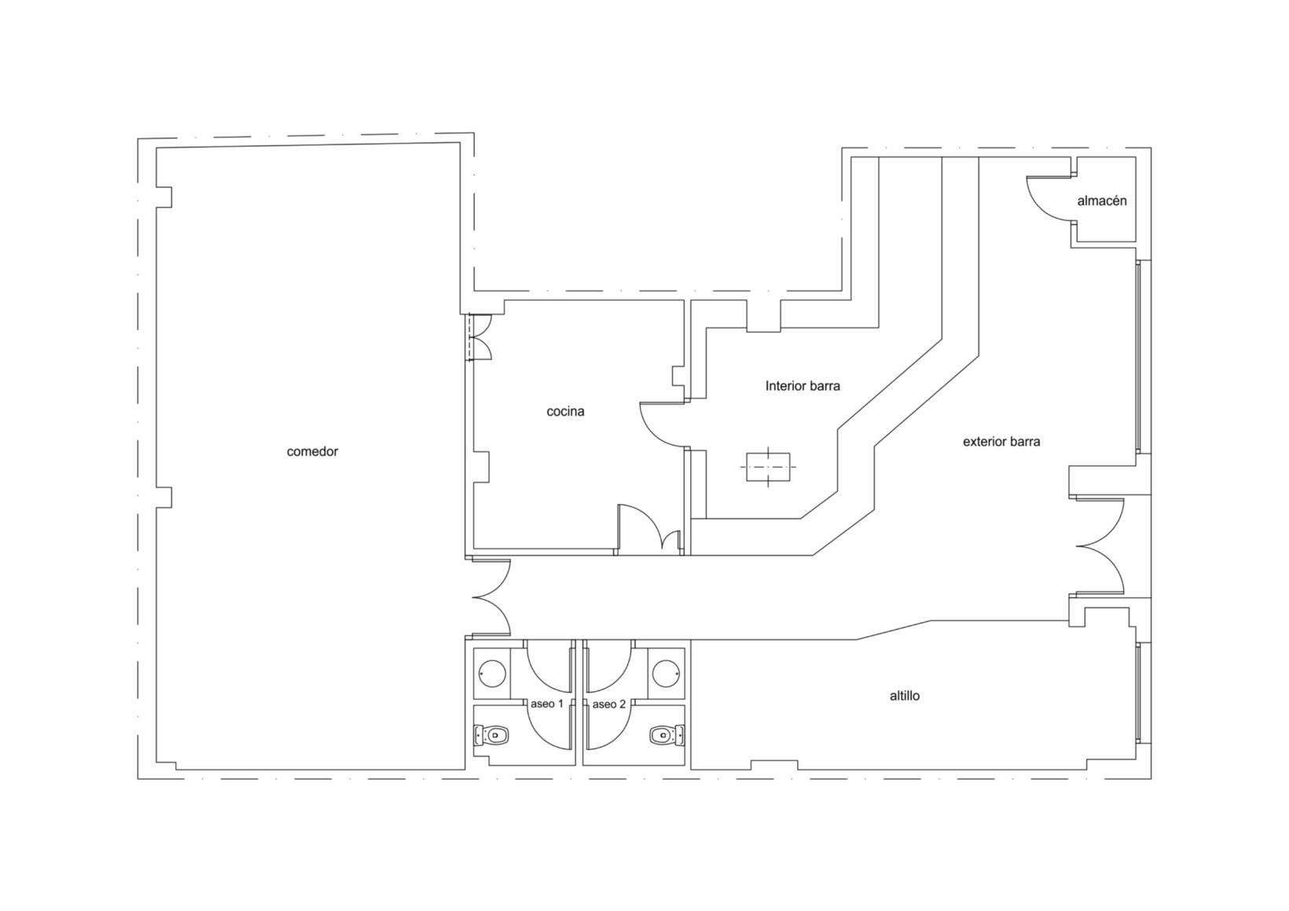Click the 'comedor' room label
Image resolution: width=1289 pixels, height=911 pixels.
point(312,452)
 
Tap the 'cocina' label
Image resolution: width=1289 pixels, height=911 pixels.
point(565,411)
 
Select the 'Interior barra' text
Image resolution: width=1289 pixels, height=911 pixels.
point(802,386)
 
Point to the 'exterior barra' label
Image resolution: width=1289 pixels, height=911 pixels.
point(1001,442)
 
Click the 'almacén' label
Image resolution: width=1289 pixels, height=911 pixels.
point(1102,200)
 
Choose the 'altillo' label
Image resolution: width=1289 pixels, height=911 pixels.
point(904,696)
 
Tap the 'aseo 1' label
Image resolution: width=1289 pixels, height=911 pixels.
point(546,703)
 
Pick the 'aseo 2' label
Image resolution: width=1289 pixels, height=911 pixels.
point(609,703)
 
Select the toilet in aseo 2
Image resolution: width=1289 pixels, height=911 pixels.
point(667,736)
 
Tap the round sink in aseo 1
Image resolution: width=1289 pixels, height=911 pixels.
point(493,673)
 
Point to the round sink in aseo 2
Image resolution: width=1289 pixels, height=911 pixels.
point(666,673)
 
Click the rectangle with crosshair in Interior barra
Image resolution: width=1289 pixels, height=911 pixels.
point(768,468)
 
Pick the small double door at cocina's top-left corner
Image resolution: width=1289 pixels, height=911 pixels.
point(479,337)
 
